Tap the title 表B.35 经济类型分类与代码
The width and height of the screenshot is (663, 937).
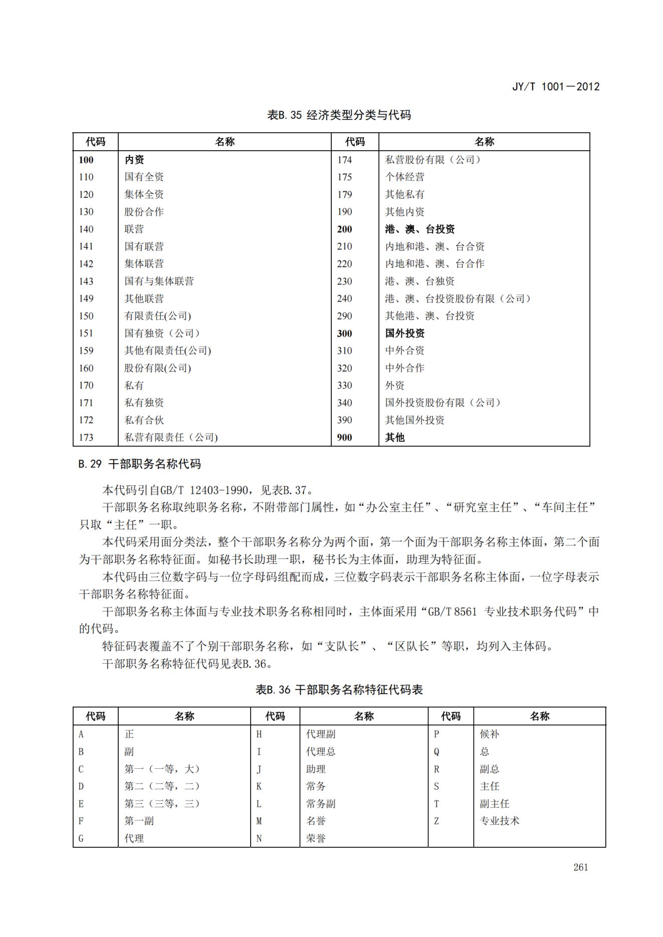[339, 115]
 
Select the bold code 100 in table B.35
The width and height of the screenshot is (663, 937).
[86, 160]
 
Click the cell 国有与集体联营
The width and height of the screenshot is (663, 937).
[159, 281]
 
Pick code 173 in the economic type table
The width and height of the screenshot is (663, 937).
[86, 437]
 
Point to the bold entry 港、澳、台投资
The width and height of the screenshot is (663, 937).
[419, 229]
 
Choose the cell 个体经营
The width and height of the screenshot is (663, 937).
[404, 177]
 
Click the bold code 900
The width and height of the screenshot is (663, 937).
[344, 437]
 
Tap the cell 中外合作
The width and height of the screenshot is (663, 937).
[404, 368]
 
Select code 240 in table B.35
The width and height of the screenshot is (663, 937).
[344, 298]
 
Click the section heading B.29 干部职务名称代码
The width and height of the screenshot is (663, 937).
[139, 464]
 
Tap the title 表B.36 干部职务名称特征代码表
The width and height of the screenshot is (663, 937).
[339, 690]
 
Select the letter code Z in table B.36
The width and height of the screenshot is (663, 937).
[436, 821]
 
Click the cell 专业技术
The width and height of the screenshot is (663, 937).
[499, 821]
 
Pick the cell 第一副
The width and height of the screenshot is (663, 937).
[139, 821]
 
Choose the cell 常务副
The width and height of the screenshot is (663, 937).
[321, 803]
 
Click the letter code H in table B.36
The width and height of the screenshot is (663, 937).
[259, 734]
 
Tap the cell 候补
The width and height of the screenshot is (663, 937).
[489, 734]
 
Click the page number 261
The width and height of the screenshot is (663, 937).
[580, 867]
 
